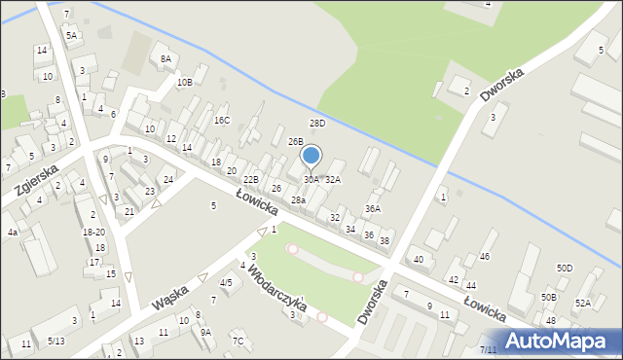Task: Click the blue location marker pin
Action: click(311, 156)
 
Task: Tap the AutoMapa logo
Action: click(558, 341)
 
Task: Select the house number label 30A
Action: click(311, 180)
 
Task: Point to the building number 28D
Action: click(317, 124)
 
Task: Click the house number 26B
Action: click(295, 142)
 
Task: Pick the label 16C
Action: click(222, 121)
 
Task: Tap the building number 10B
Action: click(184, 83)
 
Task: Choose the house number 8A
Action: click(165, 59)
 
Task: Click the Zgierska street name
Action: click(33, 182)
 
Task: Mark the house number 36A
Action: click(373, 209)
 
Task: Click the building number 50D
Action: click(565, 268)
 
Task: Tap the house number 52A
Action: click(582, 303)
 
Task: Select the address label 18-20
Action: click(94, 233)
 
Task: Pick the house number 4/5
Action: click(226, 283)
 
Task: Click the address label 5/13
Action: click(56, 341)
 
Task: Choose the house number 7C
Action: click(238, 341)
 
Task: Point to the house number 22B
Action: click(251, 180)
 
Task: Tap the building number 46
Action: click(484, 256)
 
